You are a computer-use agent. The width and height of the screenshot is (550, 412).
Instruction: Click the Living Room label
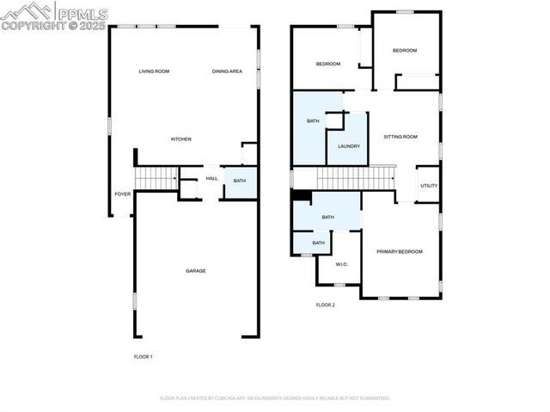point(154,71)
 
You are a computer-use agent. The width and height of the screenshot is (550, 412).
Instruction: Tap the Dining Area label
point(226,71)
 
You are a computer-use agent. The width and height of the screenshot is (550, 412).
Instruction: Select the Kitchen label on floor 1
point(180,139)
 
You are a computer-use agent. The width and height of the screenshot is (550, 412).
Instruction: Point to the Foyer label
point(123,194)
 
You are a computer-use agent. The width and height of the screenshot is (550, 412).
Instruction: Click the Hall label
point(211,179)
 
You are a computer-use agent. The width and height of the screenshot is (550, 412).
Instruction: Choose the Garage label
point(195,271)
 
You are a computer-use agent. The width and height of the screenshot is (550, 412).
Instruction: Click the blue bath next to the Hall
point(240,181)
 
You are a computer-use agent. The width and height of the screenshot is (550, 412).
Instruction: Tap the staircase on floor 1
point(156,178)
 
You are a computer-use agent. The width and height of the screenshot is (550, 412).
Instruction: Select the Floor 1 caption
point(143,356)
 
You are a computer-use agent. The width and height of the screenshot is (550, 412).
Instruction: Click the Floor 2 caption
point(325,304)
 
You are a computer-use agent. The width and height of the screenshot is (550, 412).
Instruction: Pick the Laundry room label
point(348,146)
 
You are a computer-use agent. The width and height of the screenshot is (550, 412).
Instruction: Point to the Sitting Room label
point(400,137)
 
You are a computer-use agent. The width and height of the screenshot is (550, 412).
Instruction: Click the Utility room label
point(429,186)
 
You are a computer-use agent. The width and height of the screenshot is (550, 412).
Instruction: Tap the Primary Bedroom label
point(400,251)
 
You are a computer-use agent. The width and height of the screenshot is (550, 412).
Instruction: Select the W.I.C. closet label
point(341,264)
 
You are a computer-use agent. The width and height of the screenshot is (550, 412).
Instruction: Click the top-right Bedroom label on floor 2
point(404,51)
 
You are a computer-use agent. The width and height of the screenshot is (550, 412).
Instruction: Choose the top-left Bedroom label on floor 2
point(328,65)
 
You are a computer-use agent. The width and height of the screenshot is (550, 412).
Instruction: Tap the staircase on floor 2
point(355,178)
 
